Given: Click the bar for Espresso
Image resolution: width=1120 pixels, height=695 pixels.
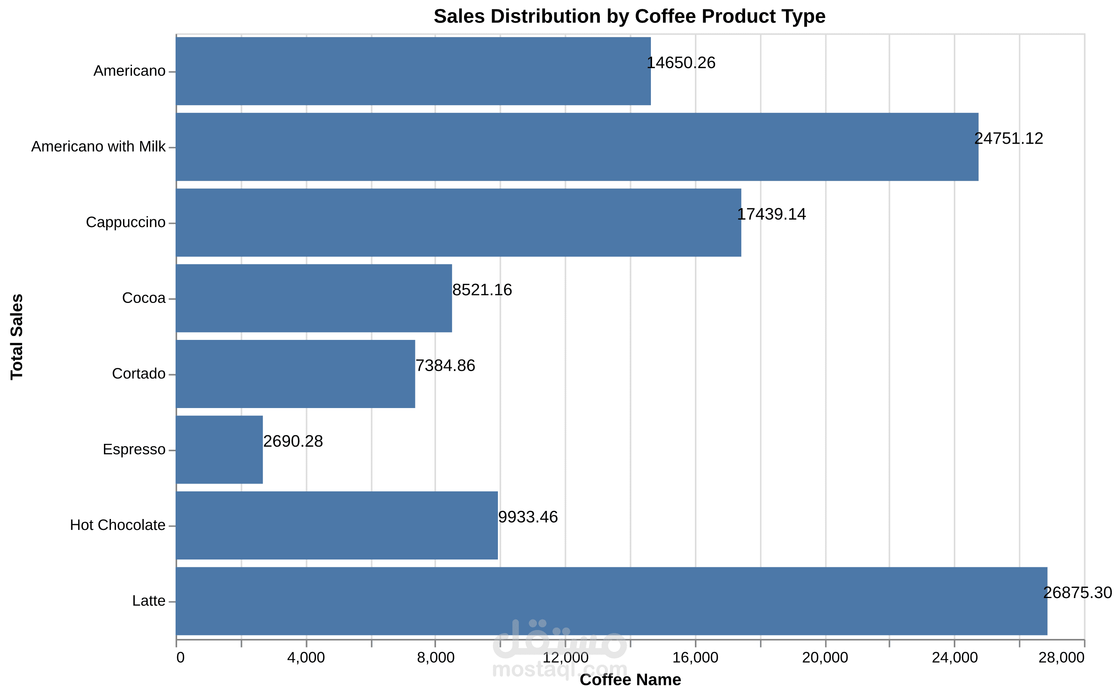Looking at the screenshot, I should tap(219, 450).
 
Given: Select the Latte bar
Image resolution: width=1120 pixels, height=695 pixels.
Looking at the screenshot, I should tap(611, 601).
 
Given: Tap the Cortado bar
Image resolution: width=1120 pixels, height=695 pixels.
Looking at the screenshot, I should tap(295, 374).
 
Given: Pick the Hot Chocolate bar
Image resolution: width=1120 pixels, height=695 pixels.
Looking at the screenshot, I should tap(337, 525).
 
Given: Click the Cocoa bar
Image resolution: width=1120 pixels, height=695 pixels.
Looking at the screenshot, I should tap(314, 298).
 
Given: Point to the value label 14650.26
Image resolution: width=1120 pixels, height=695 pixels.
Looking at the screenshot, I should tap(681, 63).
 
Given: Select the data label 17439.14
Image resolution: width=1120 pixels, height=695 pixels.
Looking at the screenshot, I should tap(772, 214).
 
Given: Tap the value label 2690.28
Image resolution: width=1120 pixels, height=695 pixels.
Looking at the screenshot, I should tap(293, 441).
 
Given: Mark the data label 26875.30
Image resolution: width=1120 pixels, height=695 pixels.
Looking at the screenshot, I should tap(1078, 593).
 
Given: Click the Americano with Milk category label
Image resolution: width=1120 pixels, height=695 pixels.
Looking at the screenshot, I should tap(98, 147).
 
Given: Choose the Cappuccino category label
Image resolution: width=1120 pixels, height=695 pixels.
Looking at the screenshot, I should tap(125, 222).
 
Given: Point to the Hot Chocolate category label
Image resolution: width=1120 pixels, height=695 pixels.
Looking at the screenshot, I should tap(118, 525).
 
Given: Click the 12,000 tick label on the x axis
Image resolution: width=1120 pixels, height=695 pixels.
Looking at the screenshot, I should tap(565, 658).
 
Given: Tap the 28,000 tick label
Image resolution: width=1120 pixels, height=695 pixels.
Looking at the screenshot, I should tap(1062, 658).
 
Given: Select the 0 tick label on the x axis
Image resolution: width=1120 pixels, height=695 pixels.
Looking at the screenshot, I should tap(180, 658).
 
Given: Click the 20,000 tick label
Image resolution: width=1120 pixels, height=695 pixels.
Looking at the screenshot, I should tap(825, 658).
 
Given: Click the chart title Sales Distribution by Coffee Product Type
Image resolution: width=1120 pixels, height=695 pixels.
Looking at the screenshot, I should tap(629, 16).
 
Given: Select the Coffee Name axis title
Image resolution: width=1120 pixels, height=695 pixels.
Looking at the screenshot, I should tap(630, 680).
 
